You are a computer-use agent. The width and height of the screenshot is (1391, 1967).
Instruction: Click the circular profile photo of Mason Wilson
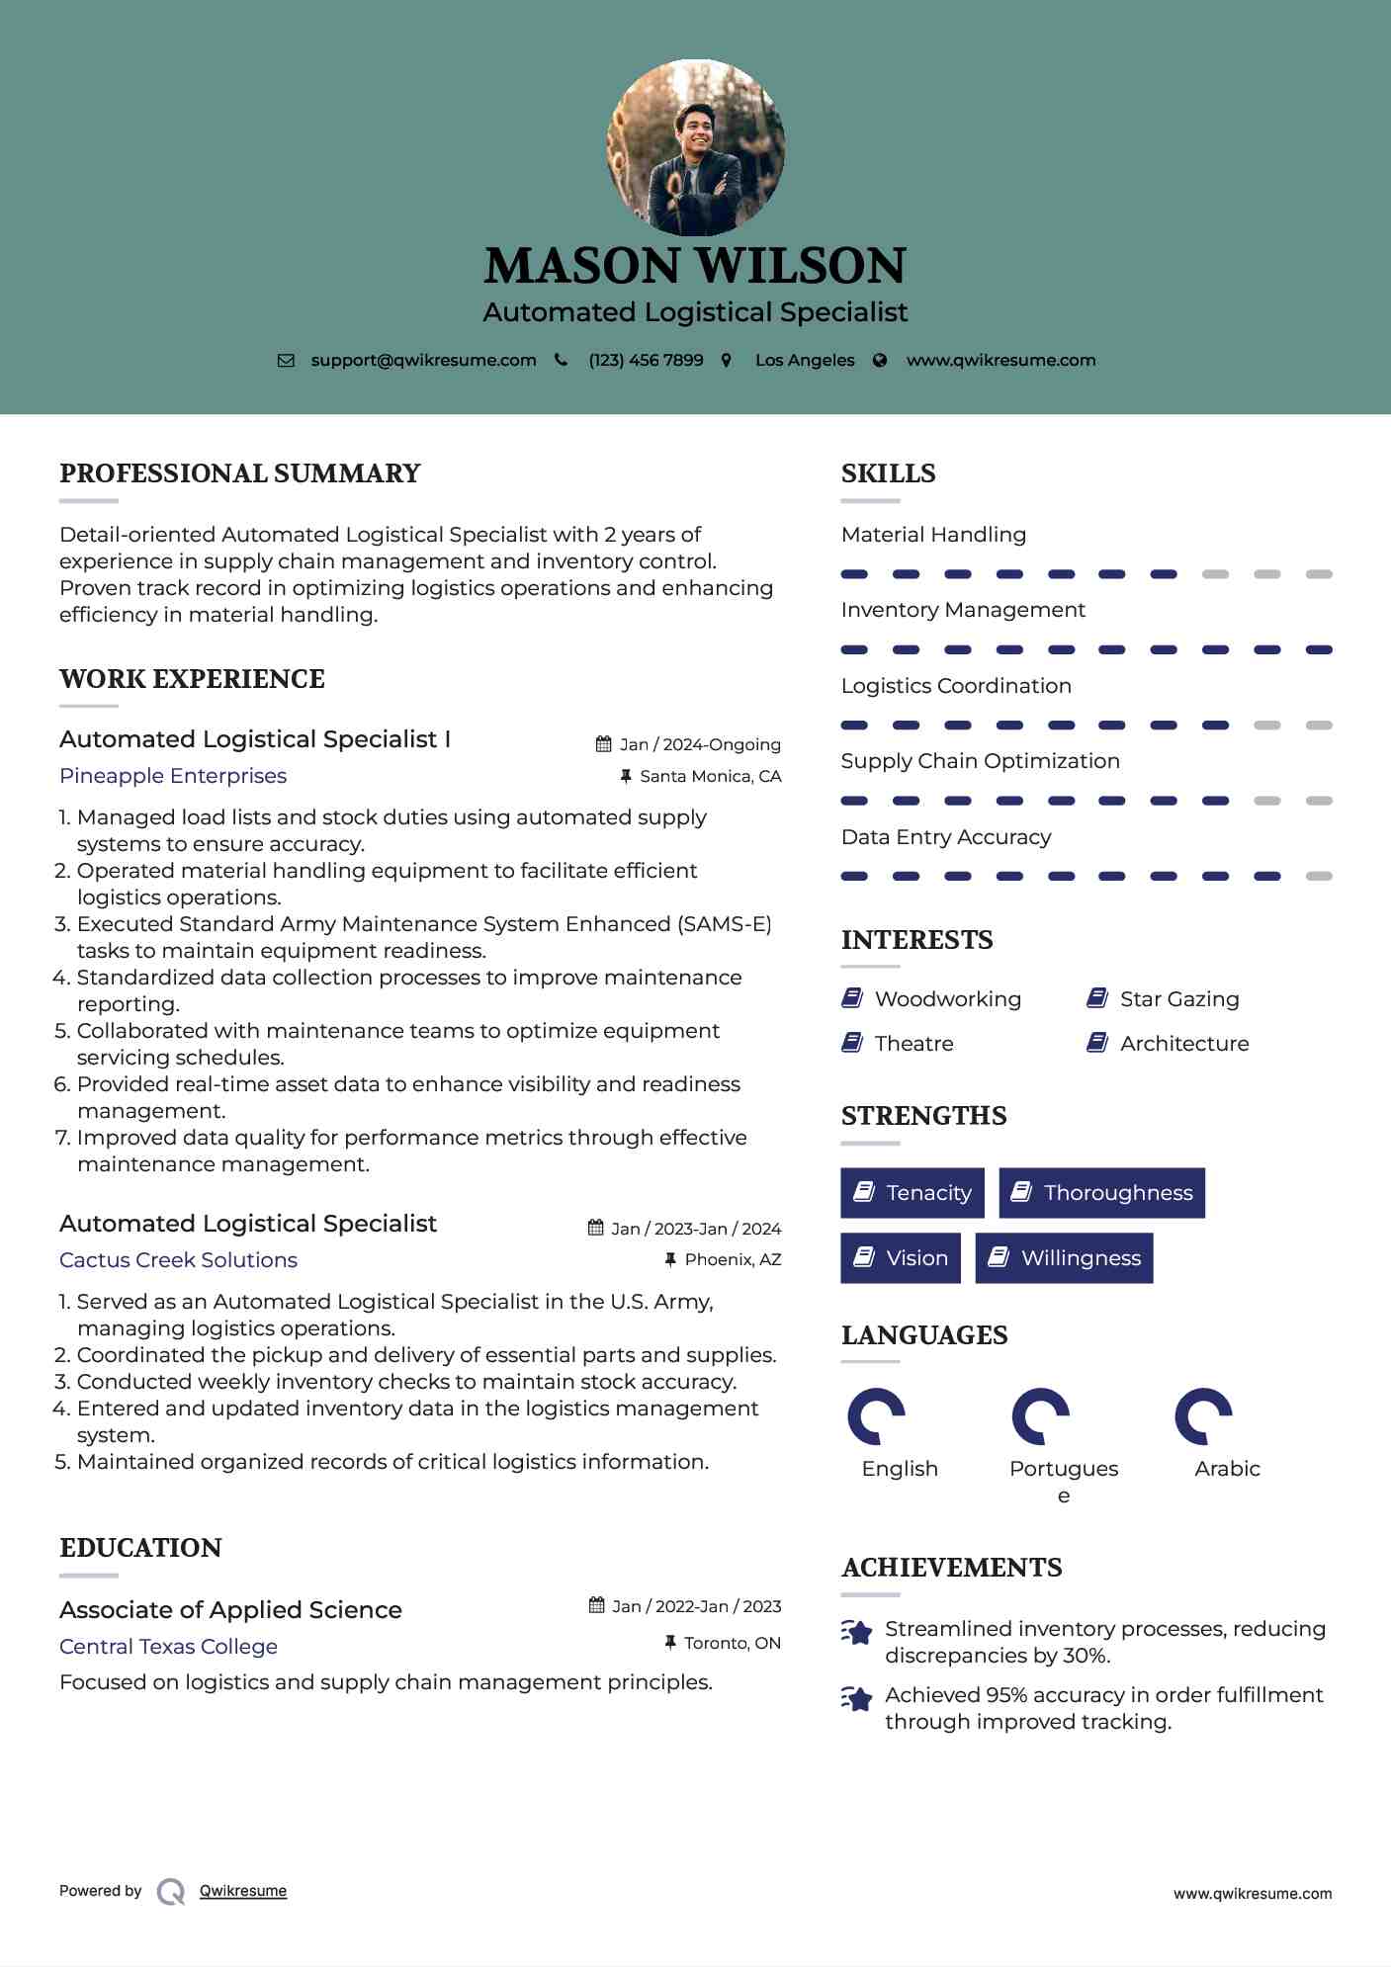[695, 147]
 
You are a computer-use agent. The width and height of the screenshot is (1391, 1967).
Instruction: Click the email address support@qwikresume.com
[423, 360]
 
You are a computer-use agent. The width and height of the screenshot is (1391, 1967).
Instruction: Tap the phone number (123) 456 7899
[646, 360]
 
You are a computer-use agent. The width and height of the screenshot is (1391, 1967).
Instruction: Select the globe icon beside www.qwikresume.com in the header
[880, 360]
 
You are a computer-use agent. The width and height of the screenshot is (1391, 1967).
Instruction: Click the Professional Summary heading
[240, 473]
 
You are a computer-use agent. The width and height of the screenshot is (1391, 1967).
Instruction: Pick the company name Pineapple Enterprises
[173, 776]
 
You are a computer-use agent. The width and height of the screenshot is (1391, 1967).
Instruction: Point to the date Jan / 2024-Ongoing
[699, 744]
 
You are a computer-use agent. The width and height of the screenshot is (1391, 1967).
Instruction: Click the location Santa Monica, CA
[710, 776]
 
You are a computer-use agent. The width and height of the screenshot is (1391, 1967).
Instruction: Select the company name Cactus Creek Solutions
[178, 1260]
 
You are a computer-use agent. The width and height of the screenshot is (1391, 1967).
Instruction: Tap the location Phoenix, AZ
[732, 1259]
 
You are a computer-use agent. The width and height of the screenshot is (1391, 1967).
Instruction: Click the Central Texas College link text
[168, 1647]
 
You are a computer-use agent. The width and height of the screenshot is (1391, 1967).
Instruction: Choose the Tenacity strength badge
[912, 1193]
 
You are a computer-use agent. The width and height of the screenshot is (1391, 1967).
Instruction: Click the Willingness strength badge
[1064, 1258]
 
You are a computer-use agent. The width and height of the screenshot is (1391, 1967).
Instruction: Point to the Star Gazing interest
[1178, 999]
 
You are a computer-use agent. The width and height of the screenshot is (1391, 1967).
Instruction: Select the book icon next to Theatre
[852, 1043]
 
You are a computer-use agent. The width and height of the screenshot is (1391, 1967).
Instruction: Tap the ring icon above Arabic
[1203, 1416]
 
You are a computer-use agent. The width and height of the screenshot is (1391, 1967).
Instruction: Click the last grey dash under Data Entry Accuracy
[1318, 876]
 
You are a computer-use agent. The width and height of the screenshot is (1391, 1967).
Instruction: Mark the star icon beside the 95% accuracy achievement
[857, 1698]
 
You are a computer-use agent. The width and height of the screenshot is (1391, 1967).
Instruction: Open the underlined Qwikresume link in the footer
[243, 1891]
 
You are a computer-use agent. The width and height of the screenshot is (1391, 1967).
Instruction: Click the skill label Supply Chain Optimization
[980, 761]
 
